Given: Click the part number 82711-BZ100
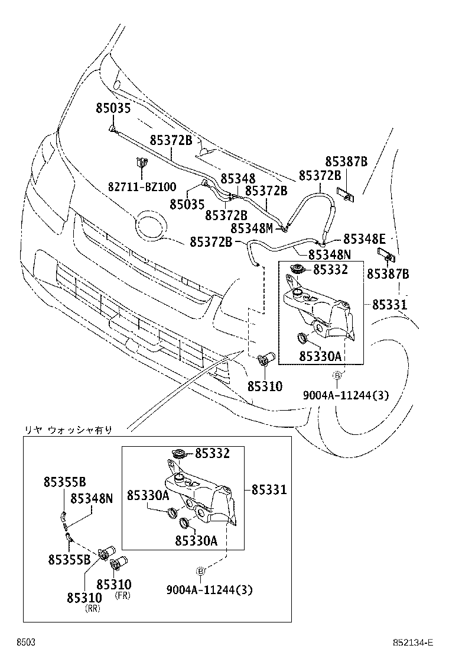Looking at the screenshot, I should (x=141, y=186).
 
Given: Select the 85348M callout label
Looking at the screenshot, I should (x=252, y=228).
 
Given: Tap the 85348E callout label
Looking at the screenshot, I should (x=364, y=239).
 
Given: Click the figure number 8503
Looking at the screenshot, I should (x=25, y=643).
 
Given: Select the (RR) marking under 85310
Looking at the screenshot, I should (x=92, y=608).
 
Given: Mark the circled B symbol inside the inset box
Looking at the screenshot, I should (x=200, y=570).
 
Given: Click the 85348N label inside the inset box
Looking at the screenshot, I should (x=91, y=498).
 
